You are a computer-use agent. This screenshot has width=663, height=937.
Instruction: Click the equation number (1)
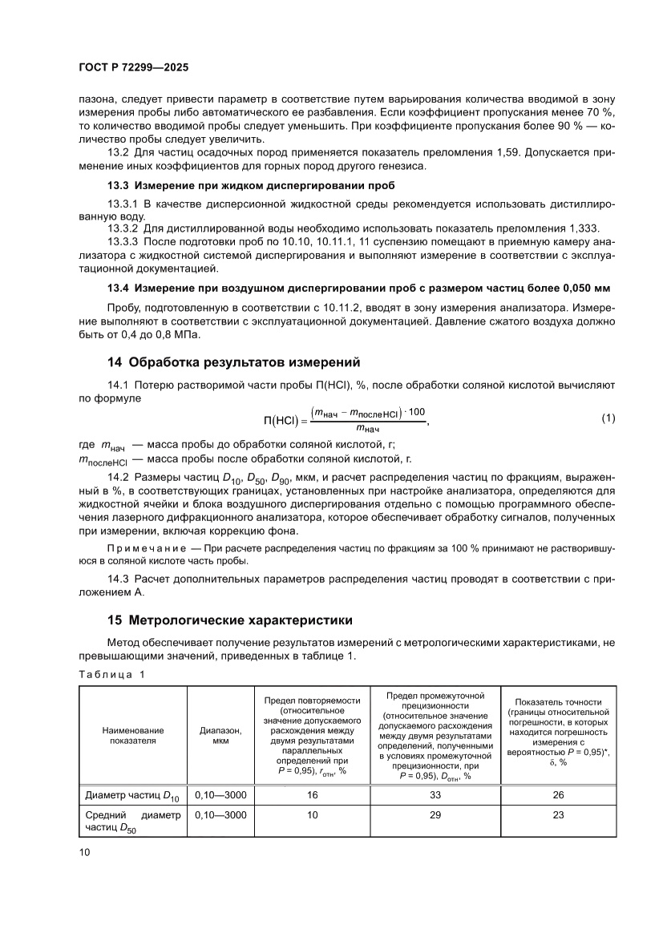pyautogui.click(x=608, y=418)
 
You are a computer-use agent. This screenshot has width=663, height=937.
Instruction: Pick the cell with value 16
pyautogui.click(x=312, y=795)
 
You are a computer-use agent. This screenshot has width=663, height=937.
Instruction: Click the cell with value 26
pyautogui.click(x=558, y=795)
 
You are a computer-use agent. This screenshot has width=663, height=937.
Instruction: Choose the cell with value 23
pyautogui.click(x=558, y=814)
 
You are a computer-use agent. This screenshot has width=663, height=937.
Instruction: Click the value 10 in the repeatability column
pyautogui.click(x=312, y=814)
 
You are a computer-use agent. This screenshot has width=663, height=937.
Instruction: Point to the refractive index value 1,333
pyautogui.click(x=583, y=228)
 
